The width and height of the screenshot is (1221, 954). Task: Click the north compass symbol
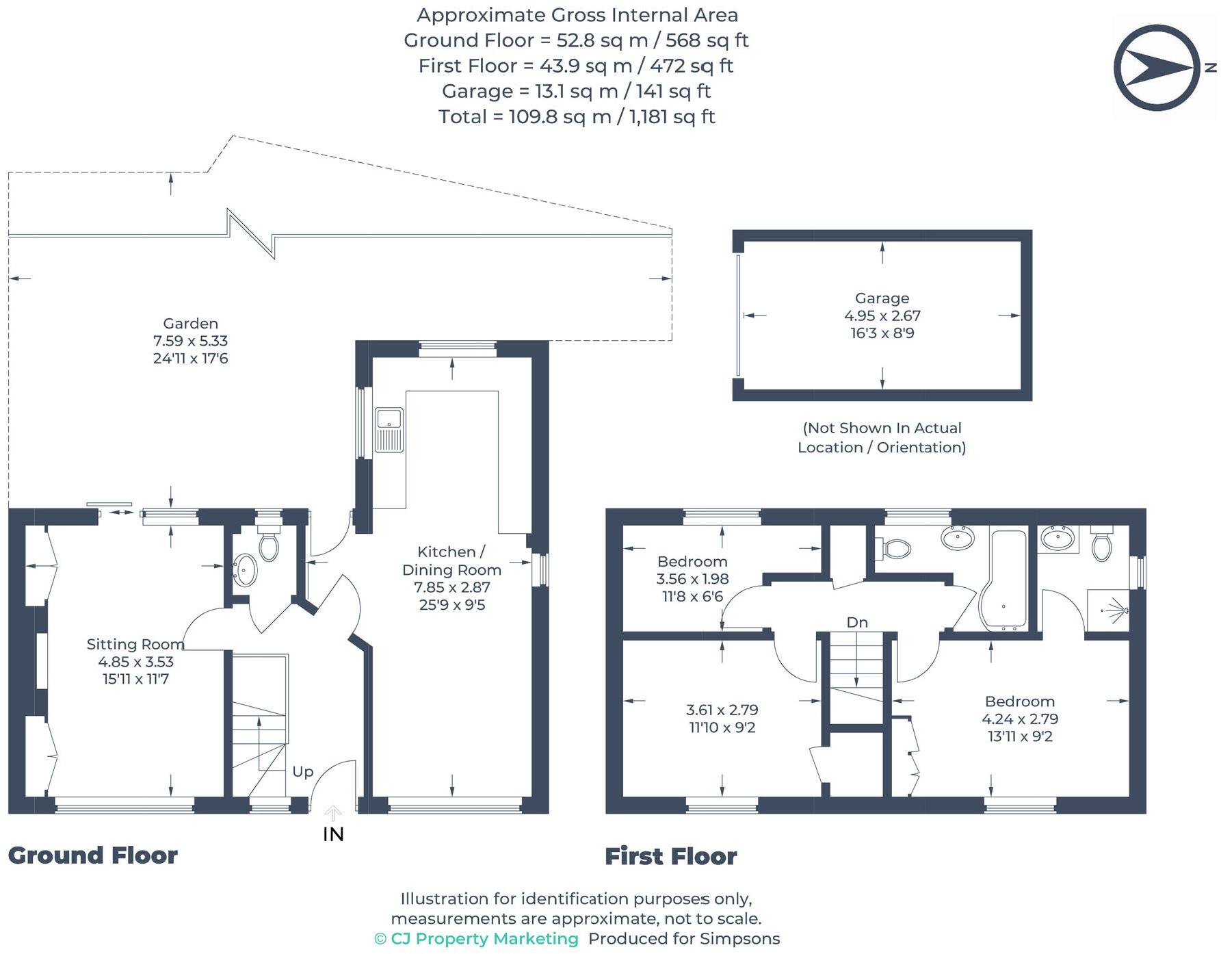[x=1157, y=67]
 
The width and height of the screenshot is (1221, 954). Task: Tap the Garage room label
[x=882, y=298]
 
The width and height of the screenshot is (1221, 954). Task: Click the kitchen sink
[x=389, y=430]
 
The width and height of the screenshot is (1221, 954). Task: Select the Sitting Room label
[x=135, y=644]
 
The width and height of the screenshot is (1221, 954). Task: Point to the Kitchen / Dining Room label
[x=451, y=560]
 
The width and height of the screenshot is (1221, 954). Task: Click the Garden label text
[x=190, y=324]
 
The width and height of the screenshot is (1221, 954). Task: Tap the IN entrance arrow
[x=333, y=814]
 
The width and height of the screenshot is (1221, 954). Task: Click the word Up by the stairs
[x=302, y=772]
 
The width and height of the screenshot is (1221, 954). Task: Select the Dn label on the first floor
[x=857, y=622]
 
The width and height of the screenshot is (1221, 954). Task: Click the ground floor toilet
[x=269, y=543]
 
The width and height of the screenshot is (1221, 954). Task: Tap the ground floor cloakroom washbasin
[x=245, y=570]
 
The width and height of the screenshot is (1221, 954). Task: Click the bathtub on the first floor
[x=1003, y=580]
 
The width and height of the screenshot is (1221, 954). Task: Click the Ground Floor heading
[x=93, y=855]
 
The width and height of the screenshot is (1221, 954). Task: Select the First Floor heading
[x=671, y=856]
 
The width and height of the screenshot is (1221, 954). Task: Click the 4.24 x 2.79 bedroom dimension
[x=1020, y=719]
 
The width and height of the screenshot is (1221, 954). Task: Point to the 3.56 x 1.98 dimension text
[x=692, y=579]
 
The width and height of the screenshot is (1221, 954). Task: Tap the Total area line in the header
[x=577, y=117]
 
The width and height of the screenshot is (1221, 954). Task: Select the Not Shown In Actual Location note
[x=882, y=437]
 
